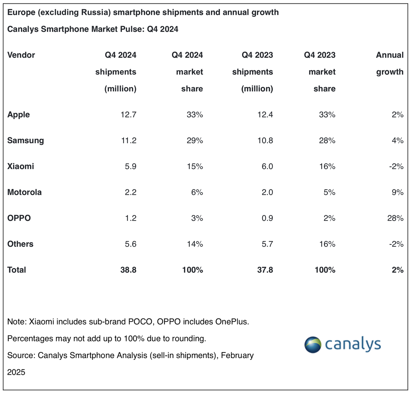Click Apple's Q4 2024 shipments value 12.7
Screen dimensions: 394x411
[128, 115]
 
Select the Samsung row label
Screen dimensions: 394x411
[25, 140]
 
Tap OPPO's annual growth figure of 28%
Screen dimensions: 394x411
[395, 218]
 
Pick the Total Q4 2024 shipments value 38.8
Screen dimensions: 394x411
[128, 270]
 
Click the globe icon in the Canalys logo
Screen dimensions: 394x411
[313, 344]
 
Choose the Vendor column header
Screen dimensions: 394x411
[21, 55]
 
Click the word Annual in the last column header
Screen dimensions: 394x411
[389, 55]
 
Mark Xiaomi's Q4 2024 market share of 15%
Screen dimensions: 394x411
[195, 166]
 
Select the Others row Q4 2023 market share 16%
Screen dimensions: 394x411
[327, 244]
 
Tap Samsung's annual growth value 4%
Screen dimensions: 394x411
[398, 140]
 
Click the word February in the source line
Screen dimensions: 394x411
[237, 355]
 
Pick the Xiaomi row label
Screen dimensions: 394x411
[21, 166]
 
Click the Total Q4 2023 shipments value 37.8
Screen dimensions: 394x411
[265, 270]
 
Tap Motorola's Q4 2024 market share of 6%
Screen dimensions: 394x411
[197, 192]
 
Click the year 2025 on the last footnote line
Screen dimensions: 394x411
[16, 372]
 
